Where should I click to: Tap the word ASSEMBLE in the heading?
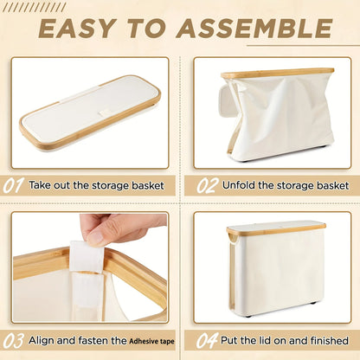click(254, 29)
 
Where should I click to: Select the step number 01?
click(13, 186)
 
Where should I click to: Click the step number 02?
click(206, 186)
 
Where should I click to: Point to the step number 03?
click(13, 341)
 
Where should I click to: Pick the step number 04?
click(207, 341)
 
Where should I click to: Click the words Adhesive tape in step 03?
click(151, 342)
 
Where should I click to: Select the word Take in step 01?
click(40, 185)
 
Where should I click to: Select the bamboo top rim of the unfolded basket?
click(278, 73)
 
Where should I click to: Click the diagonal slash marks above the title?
click(34, 8)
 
